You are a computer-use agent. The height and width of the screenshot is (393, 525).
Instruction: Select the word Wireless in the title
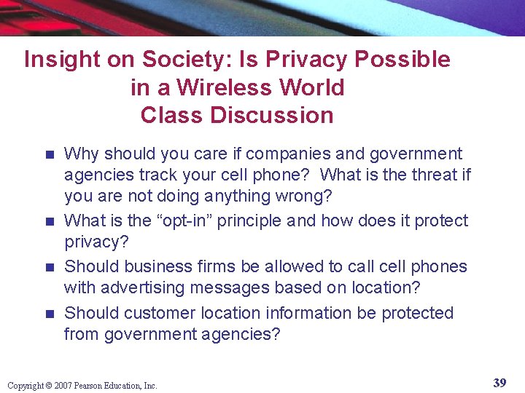coord(217,88)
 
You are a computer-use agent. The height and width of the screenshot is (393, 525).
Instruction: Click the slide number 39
coord(500,383)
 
